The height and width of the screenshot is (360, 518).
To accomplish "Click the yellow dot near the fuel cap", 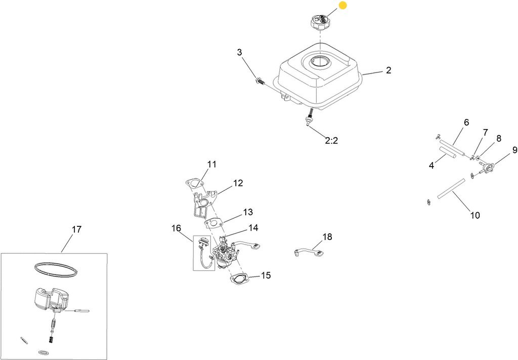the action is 343,5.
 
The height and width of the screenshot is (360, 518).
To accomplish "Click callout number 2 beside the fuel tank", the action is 388,70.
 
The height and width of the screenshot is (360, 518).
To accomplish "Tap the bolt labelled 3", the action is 260,80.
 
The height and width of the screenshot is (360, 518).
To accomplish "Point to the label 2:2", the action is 331,141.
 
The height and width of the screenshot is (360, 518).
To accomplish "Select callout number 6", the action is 466,123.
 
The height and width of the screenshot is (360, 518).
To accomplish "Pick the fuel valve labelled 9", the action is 487,164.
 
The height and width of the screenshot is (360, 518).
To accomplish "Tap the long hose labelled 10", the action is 451,189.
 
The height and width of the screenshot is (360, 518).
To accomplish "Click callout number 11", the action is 212,164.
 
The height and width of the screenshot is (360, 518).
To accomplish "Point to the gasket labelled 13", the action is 214,224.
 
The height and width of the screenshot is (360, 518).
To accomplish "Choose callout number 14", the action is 253,228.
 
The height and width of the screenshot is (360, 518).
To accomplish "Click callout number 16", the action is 177,228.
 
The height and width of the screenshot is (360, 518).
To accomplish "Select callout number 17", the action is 77,229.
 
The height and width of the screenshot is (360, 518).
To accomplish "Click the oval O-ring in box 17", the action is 57,269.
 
